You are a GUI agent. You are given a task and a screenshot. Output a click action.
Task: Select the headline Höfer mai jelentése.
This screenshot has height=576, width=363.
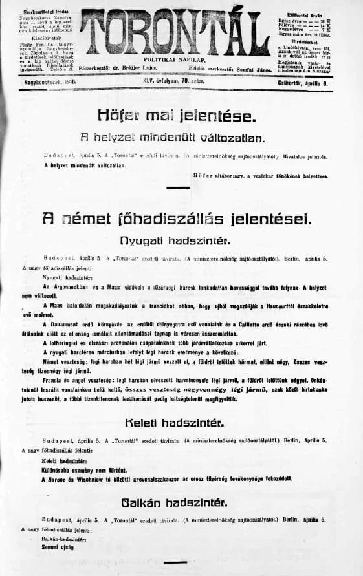click(x=177, y=116)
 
